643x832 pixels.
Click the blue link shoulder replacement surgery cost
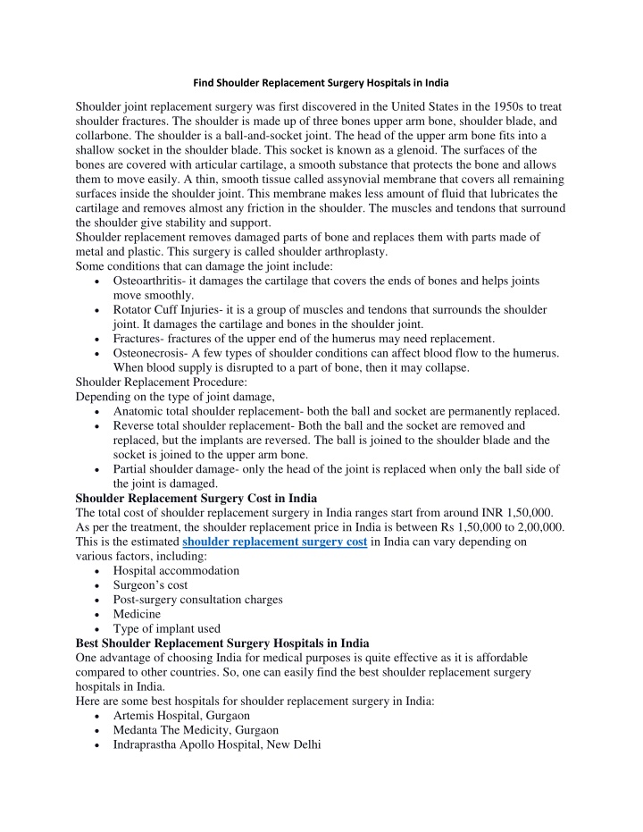click(274, 542)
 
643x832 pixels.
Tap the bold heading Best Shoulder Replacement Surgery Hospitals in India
click(221, 643)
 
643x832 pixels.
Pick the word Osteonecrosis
click(151, 353)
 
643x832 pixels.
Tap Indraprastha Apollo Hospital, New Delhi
click(217, 744)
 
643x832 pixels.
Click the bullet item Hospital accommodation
click(176, 570)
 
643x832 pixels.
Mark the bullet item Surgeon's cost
click(150, 584)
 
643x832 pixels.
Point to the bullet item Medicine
click(137, 614)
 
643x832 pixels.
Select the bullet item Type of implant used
click(167, 628)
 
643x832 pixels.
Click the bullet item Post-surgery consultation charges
click(198, 599)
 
